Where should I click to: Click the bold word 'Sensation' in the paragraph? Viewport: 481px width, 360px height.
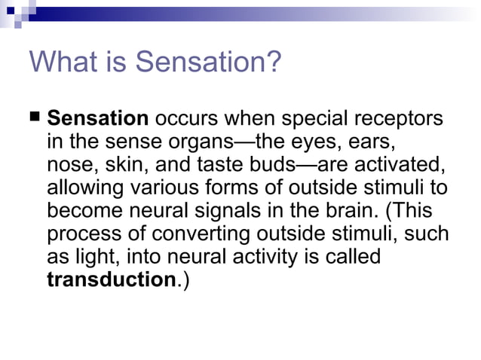click(98, 119)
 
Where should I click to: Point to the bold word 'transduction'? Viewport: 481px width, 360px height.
click(110, 279)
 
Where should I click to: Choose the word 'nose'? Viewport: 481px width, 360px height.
click(69, 165)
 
